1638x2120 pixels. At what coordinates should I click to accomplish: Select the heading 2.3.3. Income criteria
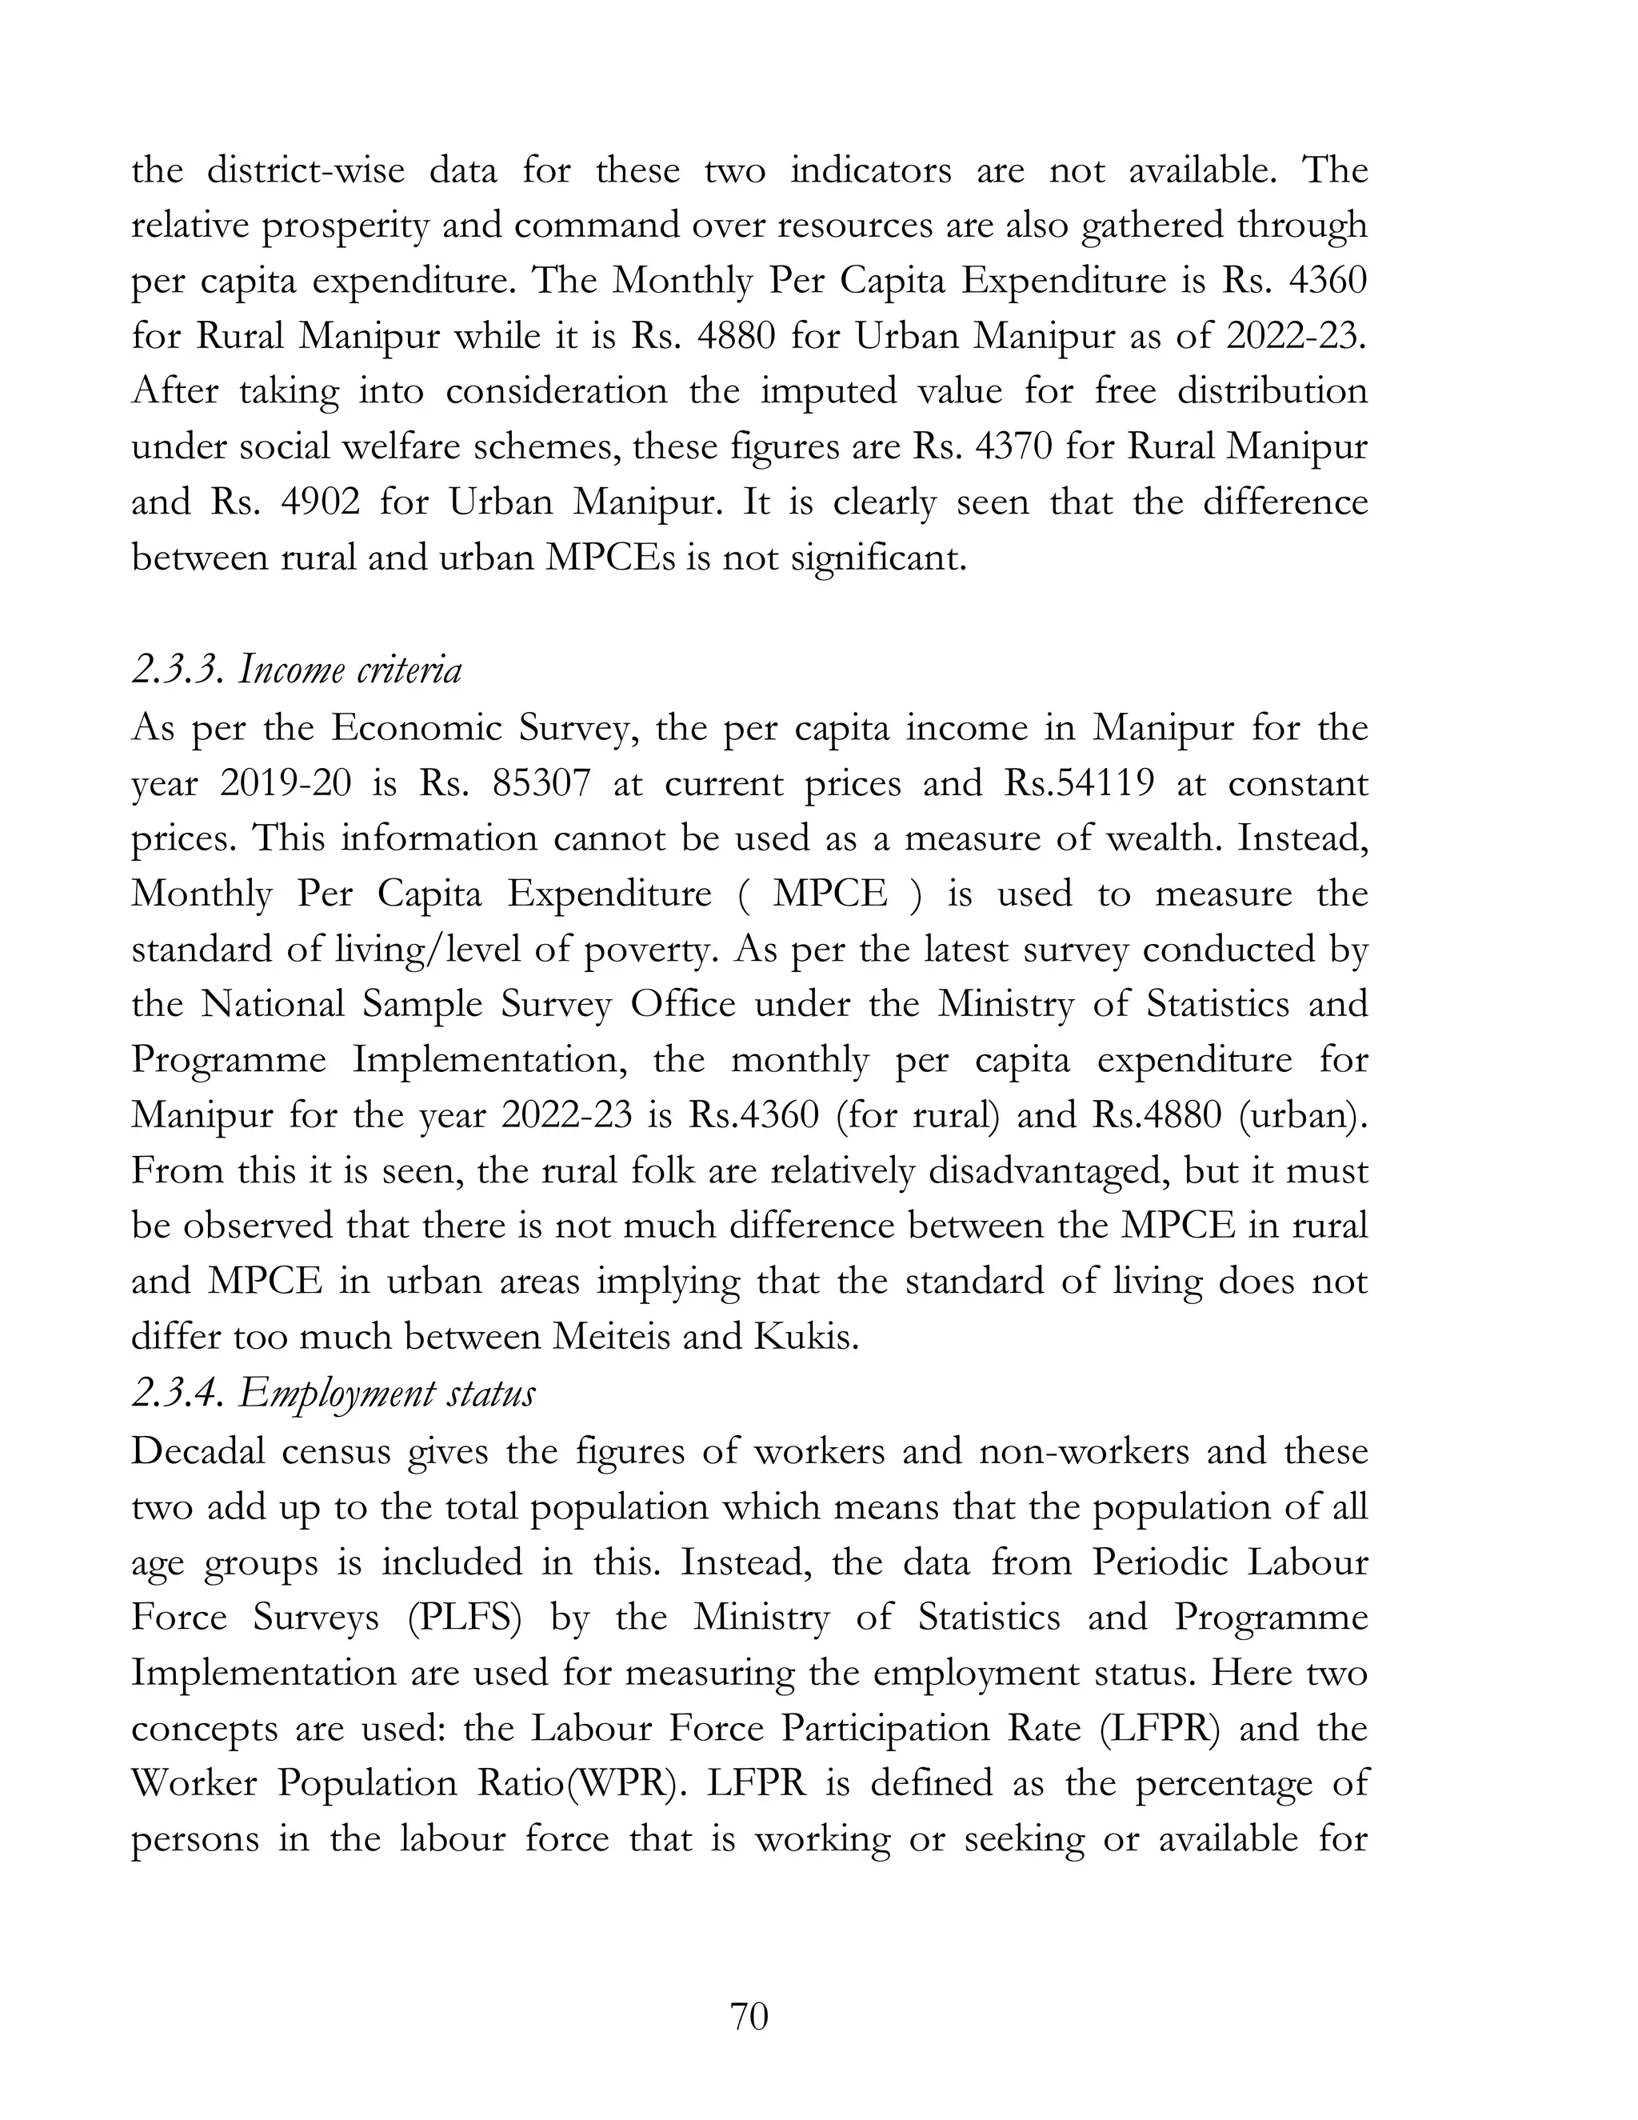[296, 670]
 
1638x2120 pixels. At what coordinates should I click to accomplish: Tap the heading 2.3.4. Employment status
[333, 1393]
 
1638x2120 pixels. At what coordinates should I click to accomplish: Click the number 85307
[541, 782]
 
